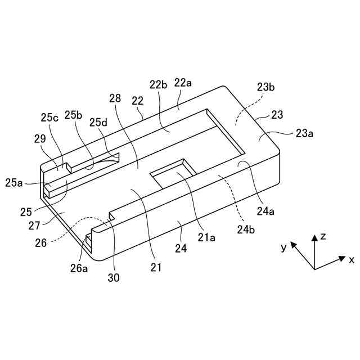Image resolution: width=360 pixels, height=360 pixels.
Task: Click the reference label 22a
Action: pos(183,83)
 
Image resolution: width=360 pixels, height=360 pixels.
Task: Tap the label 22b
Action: pos(158,85)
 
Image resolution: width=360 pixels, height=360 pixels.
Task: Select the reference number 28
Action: pos(115,98)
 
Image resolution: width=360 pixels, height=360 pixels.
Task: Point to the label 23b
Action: pos(265,87)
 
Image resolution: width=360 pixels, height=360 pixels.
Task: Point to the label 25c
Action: pos(49,118)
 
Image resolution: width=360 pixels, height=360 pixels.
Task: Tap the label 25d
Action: pos(97,122)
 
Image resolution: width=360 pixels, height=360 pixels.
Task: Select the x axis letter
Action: pos(351,260)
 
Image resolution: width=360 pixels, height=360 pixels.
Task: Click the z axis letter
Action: pos(323,237)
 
